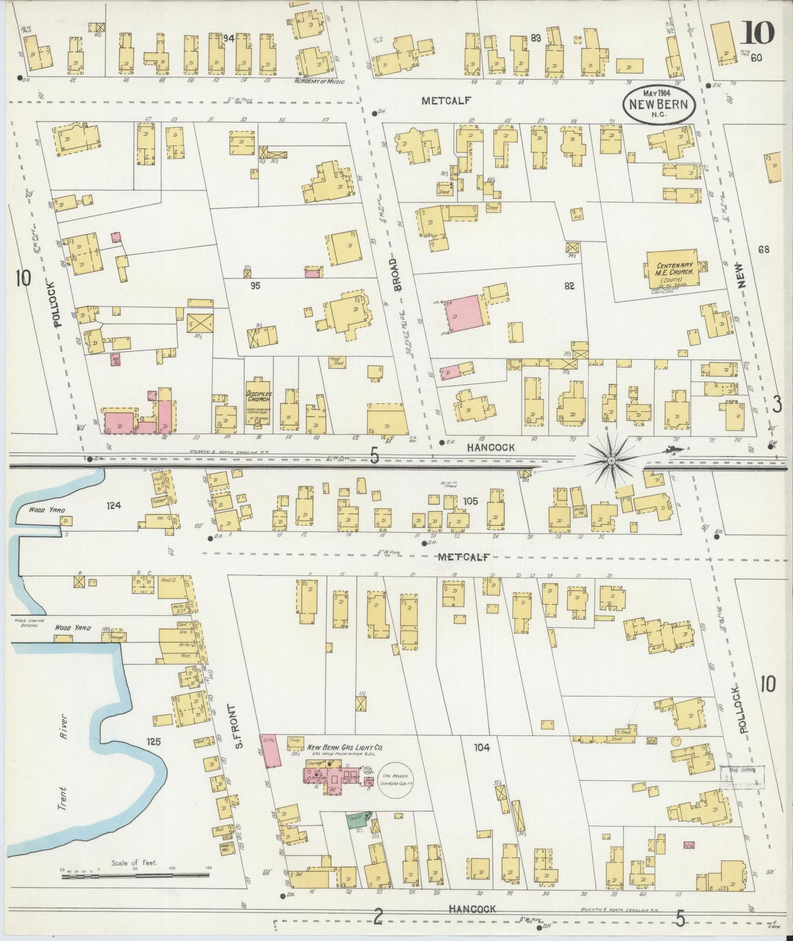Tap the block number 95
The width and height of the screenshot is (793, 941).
point(255,285)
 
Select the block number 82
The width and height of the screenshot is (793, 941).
point(569,285)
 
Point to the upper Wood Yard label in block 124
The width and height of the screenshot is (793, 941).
point(32,509)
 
